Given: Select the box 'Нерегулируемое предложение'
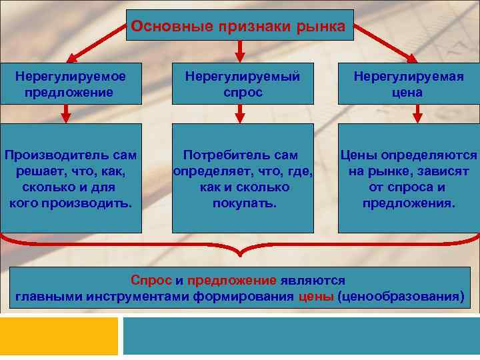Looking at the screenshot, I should coord(71,84).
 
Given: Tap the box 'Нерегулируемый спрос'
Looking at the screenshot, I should coord(242,84).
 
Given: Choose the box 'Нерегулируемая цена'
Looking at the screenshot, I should coord(408,84).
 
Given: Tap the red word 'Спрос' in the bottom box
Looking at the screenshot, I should coord(151,281).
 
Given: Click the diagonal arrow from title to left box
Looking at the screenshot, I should coord(93,46).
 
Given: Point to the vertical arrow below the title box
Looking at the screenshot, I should coord(241,51).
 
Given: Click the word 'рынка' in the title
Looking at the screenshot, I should coord(323,26).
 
